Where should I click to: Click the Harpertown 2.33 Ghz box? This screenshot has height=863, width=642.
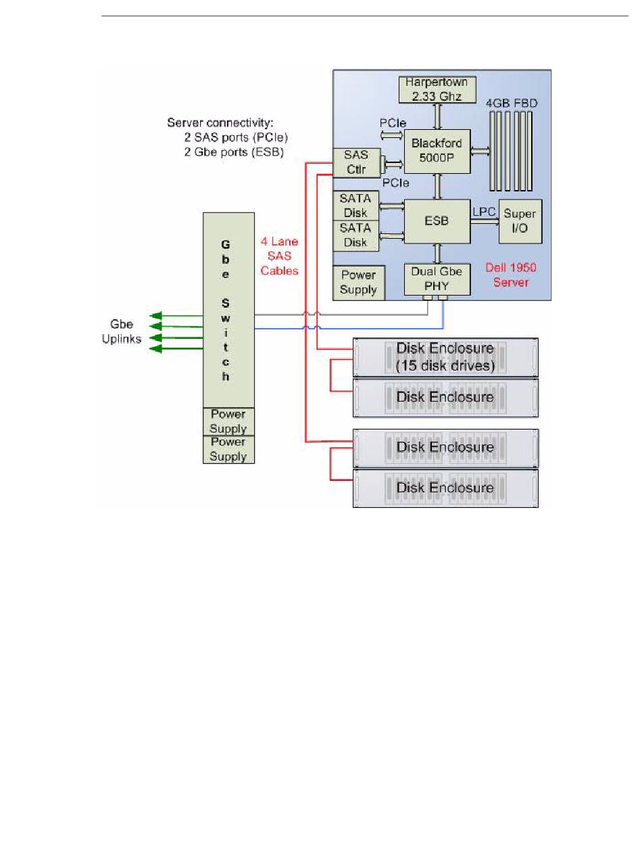(x=437, y=89)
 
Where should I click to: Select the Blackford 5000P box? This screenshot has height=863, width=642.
(x=437, y=151)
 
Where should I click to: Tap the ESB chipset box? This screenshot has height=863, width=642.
(x=437, y=221)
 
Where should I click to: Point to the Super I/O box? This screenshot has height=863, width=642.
(x=520, y=221)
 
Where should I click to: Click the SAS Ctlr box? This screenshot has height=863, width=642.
(x=357, y=163)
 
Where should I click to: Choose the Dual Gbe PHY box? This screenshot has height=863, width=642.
(x=437, y=279)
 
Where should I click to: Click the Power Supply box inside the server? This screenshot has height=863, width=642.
(x=359, y=283)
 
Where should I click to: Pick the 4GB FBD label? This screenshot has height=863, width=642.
(x=512, y=103)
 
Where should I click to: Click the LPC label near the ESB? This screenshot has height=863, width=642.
(x=484, y=212)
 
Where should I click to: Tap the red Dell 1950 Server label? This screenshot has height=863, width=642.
(x=511, y=275)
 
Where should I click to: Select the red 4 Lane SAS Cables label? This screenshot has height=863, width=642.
(x=279, y=256)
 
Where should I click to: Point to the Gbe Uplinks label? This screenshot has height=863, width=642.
(x=122, y=331)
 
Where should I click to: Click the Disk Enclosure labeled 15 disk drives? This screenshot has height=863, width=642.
(x=445, y=358)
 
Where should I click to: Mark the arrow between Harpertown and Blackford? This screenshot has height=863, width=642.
(x=437, y=116)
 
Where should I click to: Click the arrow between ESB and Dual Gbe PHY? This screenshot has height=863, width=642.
(x=437, y=254)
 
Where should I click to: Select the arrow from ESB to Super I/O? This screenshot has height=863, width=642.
(x=485, y=221)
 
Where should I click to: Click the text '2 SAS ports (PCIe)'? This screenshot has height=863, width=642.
(x=236, y=137)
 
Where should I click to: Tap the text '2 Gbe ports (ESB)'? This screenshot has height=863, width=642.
(x=234, y=151)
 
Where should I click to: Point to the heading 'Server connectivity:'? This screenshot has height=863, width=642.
(x=220, y=123)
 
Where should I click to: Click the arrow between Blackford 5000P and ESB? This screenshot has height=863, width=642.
(x=437, y=187)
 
